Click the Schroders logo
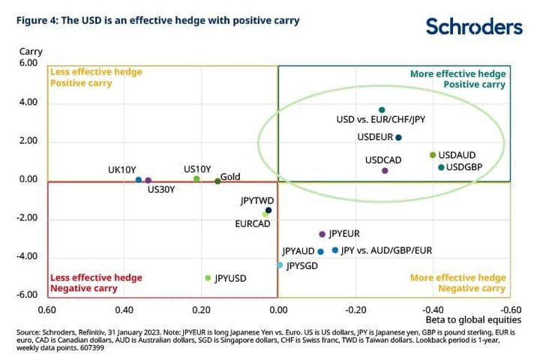coord(474,26)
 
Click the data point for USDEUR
coord(398,138)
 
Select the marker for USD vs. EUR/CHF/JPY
coord(382,110)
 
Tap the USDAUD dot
coord(433,155)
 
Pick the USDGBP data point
coord(441,167)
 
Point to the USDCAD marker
coord(385,170)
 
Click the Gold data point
coord(217,181)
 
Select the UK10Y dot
coord(139,180)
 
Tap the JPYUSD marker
coord(208,278)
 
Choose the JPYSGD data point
coord(280,265)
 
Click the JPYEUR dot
coord(322,234)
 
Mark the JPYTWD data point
coord(268,211)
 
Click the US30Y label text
coord(161,190)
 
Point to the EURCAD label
coord(253,224)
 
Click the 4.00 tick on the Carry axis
coord(28,102)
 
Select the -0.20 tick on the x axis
coord(355,310)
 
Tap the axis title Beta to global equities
coord(473,320)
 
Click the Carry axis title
coord(31,52)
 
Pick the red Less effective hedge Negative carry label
coord(96,283)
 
